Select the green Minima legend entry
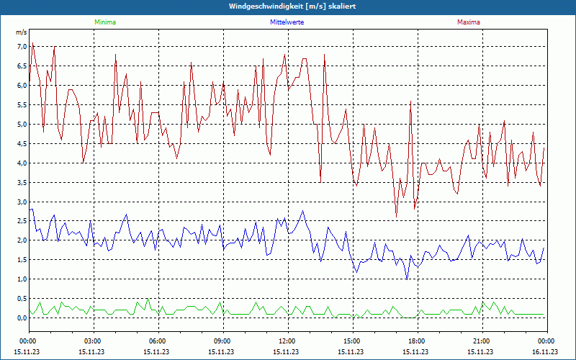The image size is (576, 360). pos(104,22)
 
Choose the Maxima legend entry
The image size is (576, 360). pos(469,22)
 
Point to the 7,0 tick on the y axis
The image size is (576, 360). pos(22,47)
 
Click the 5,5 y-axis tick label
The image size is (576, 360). pos(22,105)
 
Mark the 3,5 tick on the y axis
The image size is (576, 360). pos(22,182)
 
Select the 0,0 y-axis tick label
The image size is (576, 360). pos(22,318)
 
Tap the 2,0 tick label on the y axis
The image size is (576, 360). pos(22,240)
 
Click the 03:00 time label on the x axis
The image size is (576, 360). pos(92,341)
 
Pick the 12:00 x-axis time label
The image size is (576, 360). pos(287,341)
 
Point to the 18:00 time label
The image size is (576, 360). pos(416,341)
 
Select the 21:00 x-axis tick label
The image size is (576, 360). pos(481,341)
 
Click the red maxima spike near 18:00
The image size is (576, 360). pos(410,102)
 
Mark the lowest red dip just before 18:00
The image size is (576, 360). pos(396,217)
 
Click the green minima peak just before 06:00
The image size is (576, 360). pos(148,299)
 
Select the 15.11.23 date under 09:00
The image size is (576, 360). pos(222,351)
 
